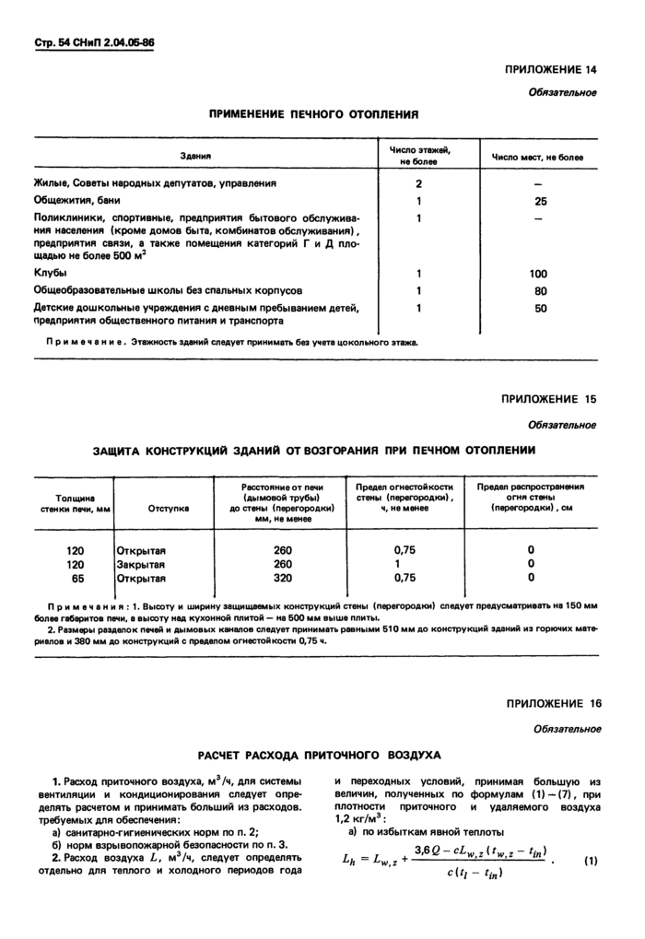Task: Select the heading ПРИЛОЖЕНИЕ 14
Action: tap(551, 70)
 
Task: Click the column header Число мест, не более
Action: tap(537, 157)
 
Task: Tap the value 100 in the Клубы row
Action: tap(539, 274)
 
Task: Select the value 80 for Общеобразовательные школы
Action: tap(540, 290)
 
